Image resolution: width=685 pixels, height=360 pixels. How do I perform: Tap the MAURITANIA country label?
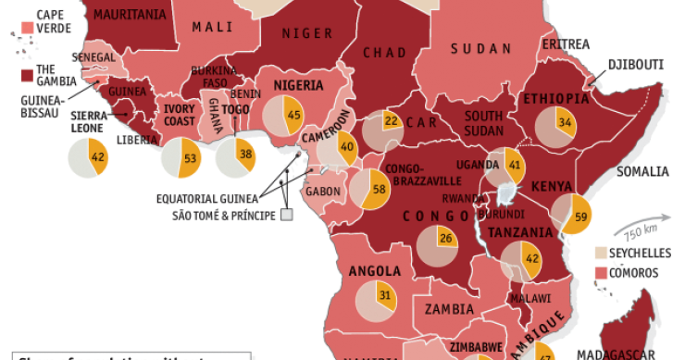pyautogui.click(x=130, y=15)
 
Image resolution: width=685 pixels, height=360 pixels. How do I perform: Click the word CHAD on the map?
pyautogui.click(x=384, y=53)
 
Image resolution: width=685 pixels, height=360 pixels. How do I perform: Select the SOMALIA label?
pyautogui.click(x=641, y=171)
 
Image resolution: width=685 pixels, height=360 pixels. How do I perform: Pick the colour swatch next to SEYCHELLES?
pyautogui.click(x=600, y=253)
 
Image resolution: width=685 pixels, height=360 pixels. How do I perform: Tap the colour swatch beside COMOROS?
pyautogui.click(x=600, y=273)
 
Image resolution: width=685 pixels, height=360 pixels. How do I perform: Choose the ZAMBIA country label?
pyautogui.click(x=449, y=310)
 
